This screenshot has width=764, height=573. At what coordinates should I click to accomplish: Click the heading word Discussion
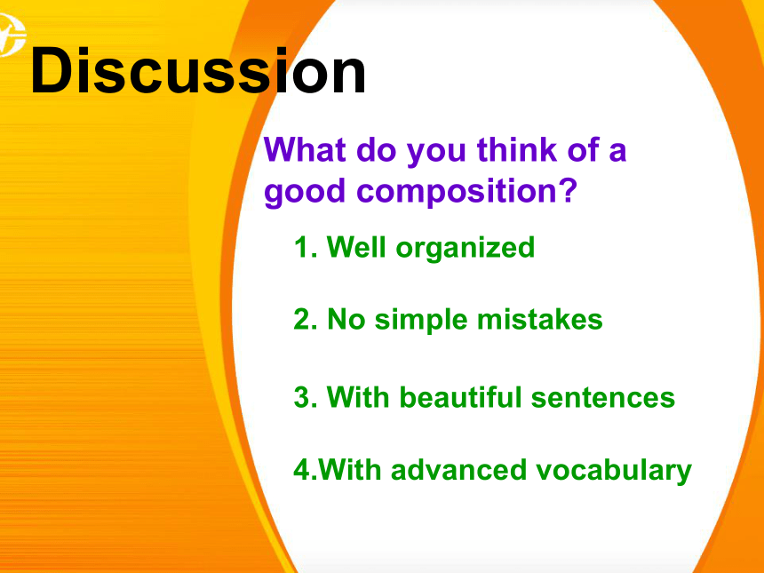198,71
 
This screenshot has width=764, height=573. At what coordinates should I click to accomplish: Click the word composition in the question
455,190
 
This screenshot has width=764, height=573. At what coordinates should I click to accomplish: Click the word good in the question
305,192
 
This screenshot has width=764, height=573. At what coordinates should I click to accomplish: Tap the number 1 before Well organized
301,247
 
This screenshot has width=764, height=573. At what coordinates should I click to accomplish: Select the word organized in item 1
466,249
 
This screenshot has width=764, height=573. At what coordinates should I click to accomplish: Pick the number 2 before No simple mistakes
302,320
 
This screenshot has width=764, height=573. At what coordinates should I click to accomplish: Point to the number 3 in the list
302,397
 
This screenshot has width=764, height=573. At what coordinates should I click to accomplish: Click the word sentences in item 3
603,398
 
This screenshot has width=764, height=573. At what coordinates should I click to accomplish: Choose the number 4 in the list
302,470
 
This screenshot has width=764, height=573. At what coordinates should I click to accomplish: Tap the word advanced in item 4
458,469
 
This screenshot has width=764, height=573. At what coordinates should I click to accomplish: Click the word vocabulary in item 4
614,471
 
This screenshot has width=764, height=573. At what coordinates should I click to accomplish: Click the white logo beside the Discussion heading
12,35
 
